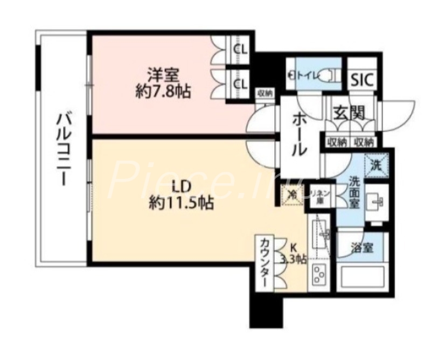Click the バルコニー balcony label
[62, 148]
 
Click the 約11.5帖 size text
[181, 204]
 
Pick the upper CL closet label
[241, 50]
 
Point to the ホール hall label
[300, 135]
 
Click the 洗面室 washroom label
[355, 191]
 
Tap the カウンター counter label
[265, 264]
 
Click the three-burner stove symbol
[318, 274]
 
